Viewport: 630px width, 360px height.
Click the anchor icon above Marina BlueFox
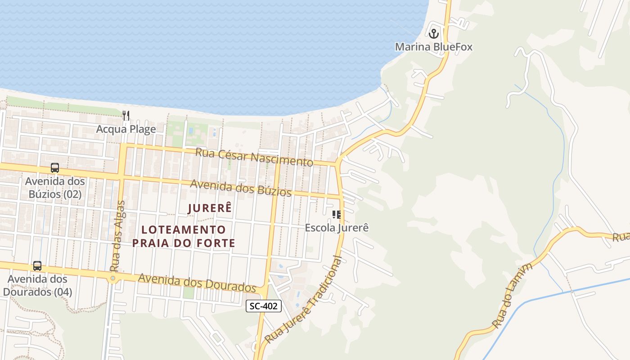click(x=434, y=33)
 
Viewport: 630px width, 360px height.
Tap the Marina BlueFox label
click(x=434, y=47)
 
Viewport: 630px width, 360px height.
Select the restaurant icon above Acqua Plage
click(x=126, y=116)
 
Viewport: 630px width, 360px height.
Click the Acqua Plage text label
click(x=126, y=130)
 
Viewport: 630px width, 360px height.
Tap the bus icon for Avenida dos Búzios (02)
click(x=55, y=168)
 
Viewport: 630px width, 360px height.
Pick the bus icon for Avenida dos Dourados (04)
click(x=37, y=266)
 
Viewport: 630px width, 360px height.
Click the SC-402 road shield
click(x=264, y=306)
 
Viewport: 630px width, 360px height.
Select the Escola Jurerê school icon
click(x=337, y=215)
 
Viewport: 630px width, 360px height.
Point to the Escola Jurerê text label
click(x=337, y=228)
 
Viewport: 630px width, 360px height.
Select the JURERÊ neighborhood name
click(x=209, y=208)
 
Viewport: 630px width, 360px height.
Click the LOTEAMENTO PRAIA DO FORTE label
click(x=184, y=236)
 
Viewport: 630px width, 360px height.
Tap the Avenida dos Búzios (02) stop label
click(x=55, y=188)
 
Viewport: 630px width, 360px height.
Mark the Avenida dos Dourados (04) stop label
click(x=37, y=285)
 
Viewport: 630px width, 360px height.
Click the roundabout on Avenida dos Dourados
click(x=112, y=279)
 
